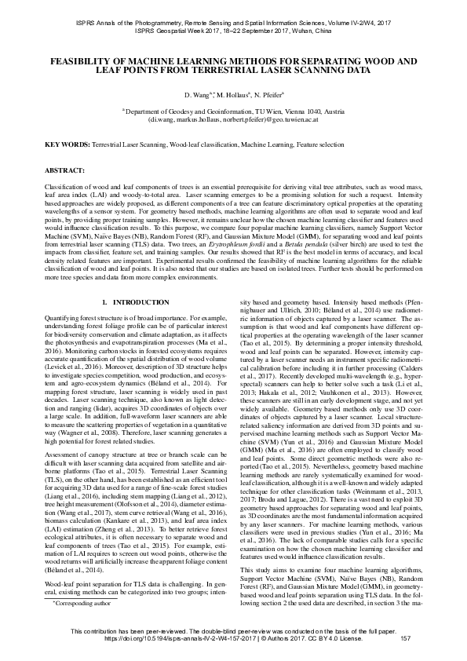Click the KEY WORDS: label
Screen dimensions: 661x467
click(x=66, y=146)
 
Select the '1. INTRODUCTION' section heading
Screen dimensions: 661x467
click(x=136, y=302)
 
